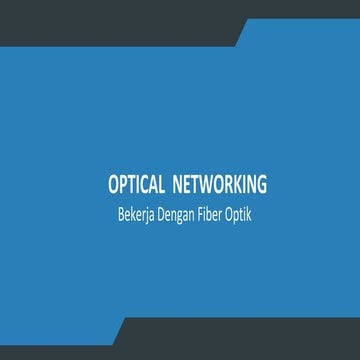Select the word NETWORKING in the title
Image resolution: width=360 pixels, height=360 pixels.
pyautogui.click(x=220, y=186)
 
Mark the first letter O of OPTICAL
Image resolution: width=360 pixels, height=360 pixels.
pyautogui.click(x=113, y=186)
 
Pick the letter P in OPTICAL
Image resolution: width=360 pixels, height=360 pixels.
pyautogui.click(x=123, y=186)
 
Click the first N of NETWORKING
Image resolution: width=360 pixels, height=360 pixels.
pyautogui.click(x=179, y=186)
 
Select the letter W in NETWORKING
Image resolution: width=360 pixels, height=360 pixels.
pyautogui.click(x=208, y=186)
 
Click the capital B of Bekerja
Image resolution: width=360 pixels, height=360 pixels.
pyautogui.click(x=120, y=213)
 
